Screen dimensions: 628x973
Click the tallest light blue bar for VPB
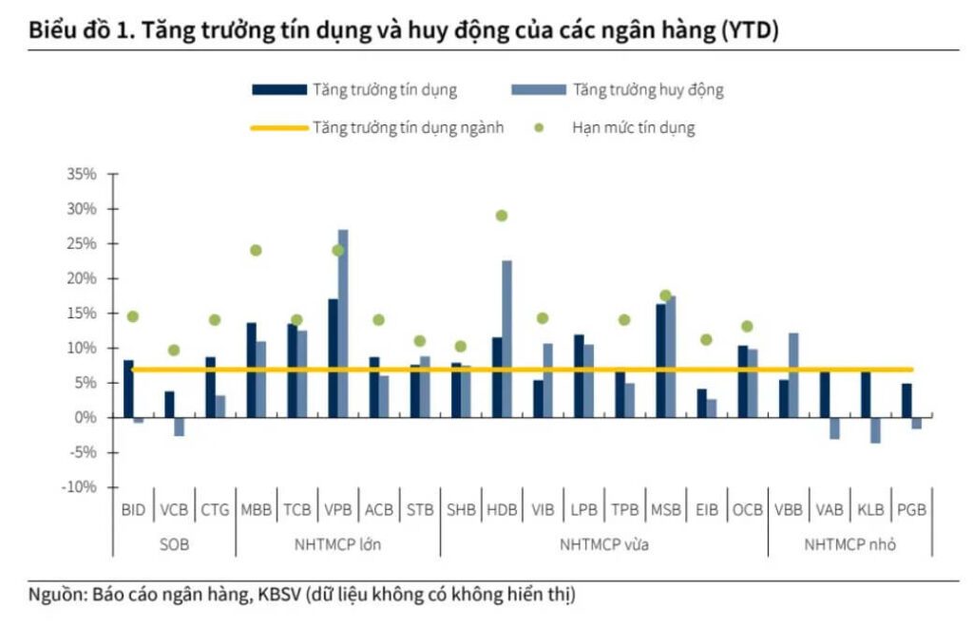click(x=343, y=323)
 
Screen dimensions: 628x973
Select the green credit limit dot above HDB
click(x=502, y=216)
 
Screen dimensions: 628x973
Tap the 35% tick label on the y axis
click(x=81, y=174)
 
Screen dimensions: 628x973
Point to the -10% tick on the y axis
click(x=80, y=486)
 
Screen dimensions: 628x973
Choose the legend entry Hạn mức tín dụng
click(x=633, y=127)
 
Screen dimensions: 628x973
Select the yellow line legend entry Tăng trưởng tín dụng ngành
click(x=408, y=127)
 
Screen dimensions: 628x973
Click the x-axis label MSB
click(x=665, y=509)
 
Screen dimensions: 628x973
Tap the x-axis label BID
click(x=133, y=509)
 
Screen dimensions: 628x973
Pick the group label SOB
click(x=174, y=544)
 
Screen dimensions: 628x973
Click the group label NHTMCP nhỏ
click(x=849, y=544)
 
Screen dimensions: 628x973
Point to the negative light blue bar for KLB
click(x=874, y=429)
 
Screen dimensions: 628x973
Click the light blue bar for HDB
click(x=506, y=338)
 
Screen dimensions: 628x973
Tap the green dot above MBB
click(x=256, y=250)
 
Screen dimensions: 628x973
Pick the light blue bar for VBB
click(x=793, y=374)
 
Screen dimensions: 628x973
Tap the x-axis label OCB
click(x=747, y=509)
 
